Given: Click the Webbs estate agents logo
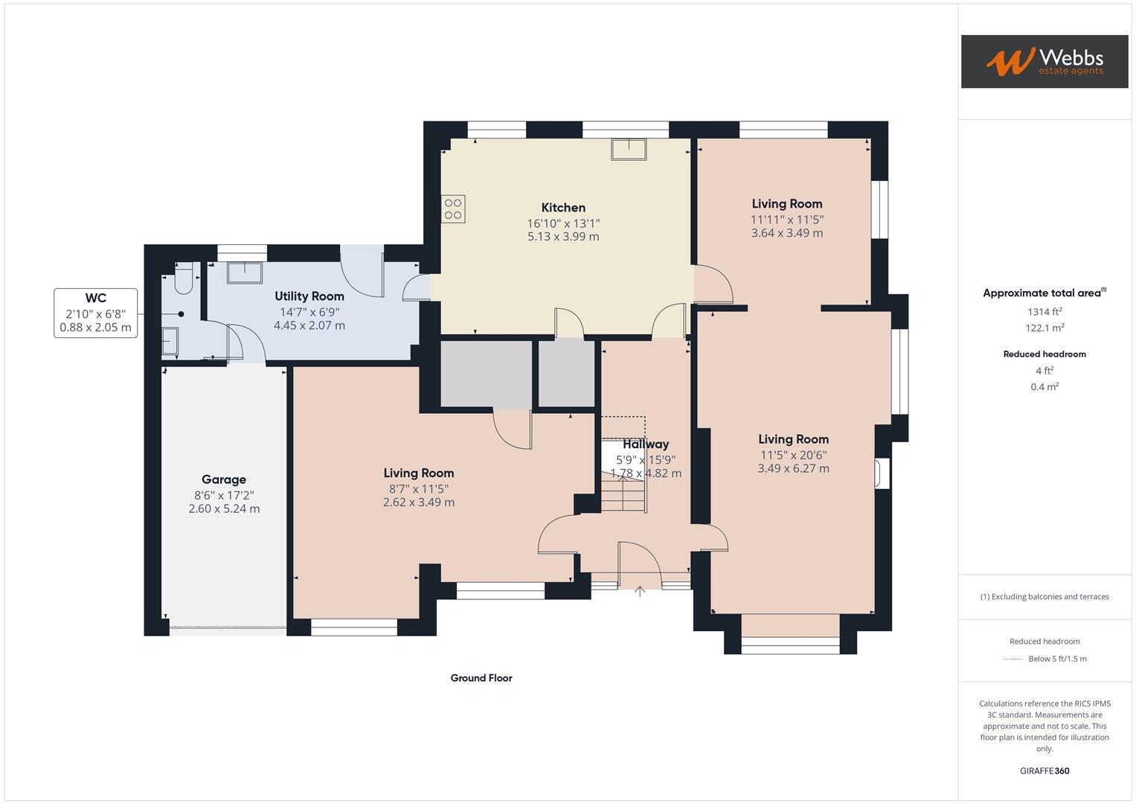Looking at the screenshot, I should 1044,61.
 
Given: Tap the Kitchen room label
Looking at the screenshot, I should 563,208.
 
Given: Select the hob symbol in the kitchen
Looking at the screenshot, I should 453,208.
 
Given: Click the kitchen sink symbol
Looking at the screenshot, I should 629,150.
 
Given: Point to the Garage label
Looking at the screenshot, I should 223,479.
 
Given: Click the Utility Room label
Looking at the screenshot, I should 309,296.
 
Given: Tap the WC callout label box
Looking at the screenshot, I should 95,313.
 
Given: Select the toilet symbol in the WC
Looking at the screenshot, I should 183,278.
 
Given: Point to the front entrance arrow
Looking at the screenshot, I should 640,591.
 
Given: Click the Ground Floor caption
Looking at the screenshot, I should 481,678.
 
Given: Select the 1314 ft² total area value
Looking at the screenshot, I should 1044,312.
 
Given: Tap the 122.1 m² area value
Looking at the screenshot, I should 1044,328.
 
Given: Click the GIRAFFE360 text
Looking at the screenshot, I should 1044,770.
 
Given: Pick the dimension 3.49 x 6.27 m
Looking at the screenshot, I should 793,468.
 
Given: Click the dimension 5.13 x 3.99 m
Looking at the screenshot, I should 563,237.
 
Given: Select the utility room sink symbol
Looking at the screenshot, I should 244,273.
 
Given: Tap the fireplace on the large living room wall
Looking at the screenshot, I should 882,473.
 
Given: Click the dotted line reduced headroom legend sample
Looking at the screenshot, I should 1013,659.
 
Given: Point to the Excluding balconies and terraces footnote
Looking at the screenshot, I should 1044,596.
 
